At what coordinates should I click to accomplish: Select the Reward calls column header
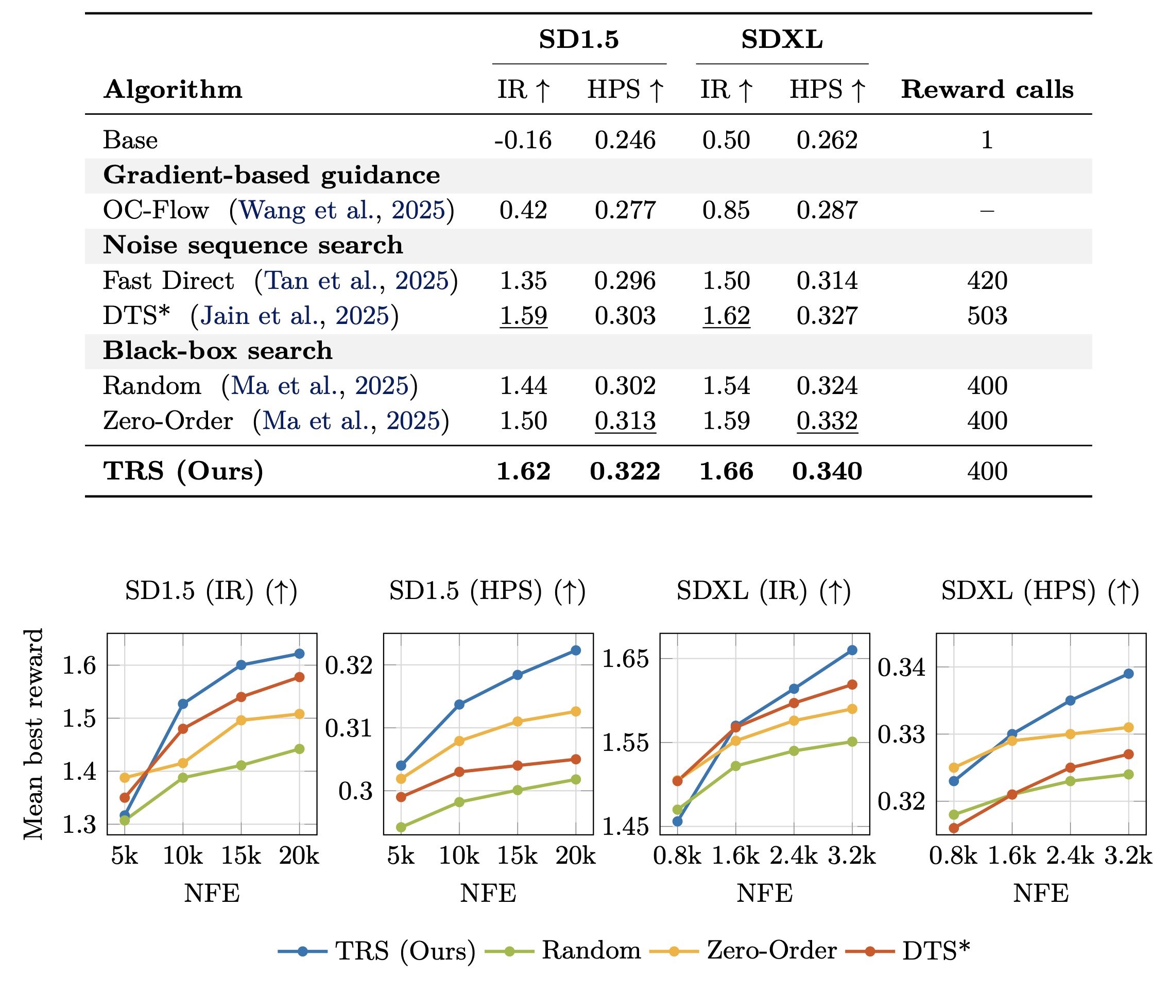(x=987, y=90)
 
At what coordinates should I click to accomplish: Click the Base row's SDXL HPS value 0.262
(x=827, y=140)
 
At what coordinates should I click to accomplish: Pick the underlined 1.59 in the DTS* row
(x=523, y=316)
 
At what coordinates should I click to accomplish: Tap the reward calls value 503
(x=987, y=316)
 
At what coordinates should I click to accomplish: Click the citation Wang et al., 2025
(x=342, y=210)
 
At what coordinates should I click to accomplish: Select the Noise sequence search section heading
(x=253, y=245)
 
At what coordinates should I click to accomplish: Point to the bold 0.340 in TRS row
(x=827, y=471)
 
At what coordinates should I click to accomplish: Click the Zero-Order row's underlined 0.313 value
(x=625, y=421)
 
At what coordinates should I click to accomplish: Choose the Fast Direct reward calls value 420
(x=987, y=281)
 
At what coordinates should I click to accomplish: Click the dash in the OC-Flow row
(x=987, y=211)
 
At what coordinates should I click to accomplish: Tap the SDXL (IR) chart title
(x=763, y=591)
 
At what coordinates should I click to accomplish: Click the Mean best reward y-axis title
(x=34, y=734)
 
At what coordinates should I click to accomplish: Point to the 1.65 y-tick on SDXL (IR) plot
(x=625, y=659)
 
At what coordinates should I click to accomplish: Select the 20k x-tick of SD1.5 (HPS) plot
(x=575, y=856)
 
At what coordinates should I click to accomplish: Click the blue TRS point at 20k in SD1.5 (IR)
(x=299, y=654)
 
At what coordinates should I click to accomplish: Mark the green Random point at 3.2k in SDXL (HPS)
(x=1128, y=774)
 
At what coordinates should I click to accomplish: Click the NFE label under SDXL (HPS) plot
(x=1040, y=893)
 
